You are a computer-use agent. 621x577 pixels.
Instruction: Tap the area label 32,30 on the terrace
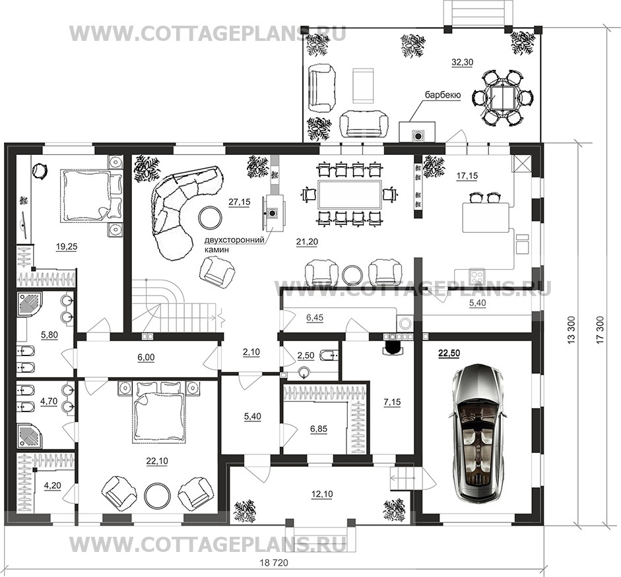[462, 62]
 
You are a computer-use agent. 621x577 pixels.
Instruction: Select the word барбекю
[443, 95]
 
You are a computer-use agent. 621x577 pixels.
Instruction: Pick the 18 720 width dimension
[274, 562]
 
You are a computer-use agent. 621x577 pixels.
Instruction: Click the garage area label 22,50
[449, 353]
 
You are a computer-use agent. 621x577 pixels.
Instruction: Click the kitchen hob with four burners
[477, 276]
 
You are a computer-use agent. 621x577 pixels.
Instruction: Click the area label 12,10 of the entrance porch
[322, 495]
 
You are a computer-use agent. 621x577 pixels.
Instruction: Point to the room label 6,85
[319, 429]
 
